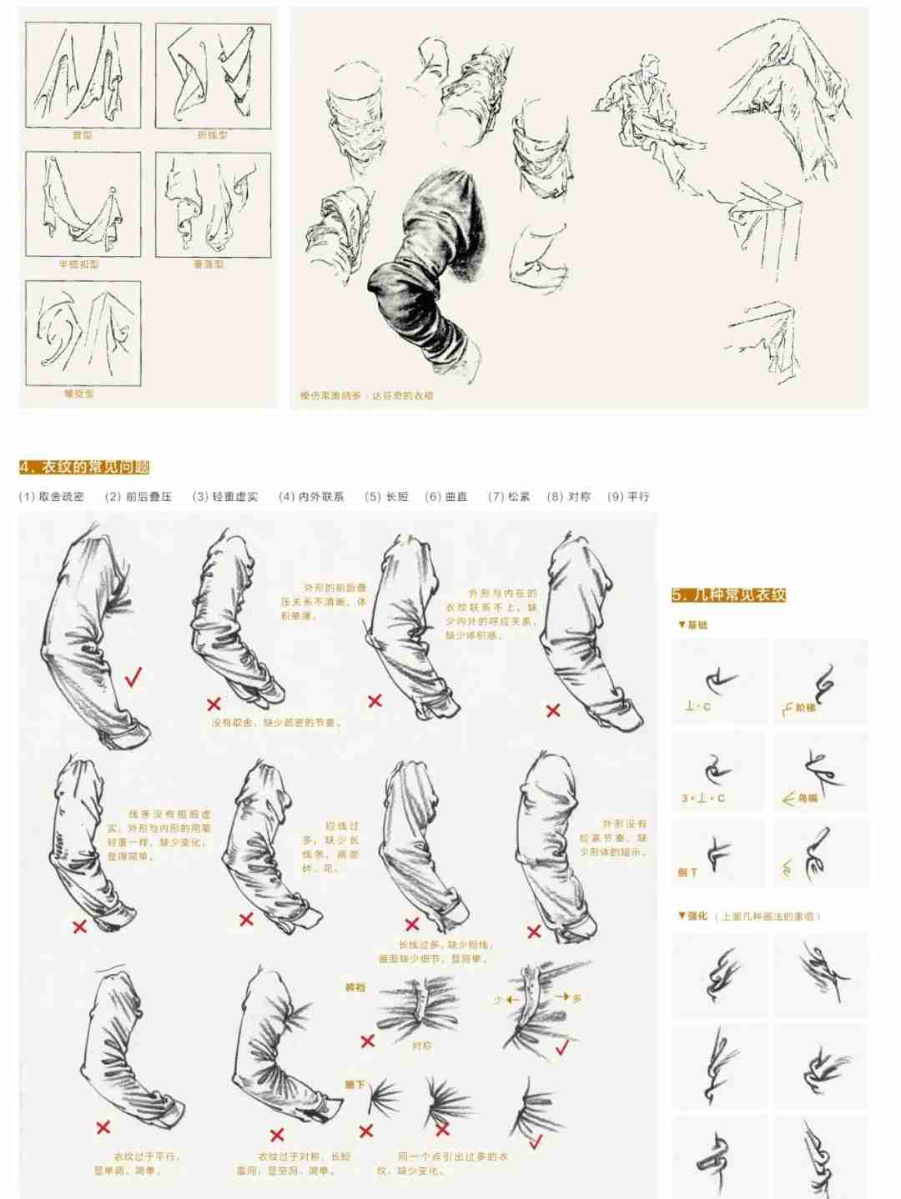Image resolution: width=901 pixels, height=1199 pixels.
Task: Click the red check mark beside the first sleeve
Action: coord(133,677)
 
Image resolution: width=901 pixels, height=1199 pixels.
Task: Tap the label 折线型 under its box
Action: coord(212,135)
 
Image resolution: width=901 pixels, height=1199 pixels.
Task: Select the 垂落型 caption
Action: coord(209,264)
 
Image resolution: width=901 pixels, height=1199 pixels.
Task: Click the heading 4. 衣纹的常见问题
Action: coord(84,467)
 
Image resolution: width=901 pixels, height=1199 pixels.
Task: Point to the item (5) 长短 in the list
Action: coord(387,496)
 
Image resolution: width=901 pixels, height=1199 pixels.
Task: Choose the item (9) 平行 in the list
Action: coord(628,496)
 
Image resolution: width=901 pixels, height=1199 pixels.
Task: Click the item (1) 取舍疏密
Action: coord(52,496)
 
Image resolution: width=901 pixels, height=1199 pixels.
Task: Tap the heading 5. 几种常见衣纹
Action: coord(728,594)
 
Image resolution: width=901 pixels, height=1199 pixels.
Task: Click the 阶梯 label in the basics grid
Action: coord(805,707)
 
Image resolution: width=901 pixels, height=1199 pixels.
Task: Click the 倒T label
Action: coord(687,872)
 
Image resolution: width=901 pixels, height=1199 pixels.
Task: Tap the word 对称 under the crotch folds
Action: coord(422,1045)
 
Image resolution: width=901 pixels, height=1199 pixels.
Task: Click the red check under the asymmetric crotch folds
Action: coord(561,1046)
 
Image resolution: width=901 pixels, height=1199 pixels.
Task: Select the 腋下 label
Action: coord(355,1085)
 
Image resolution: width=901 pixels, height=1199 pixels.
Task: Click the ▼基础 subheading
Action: coord(692,625)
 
